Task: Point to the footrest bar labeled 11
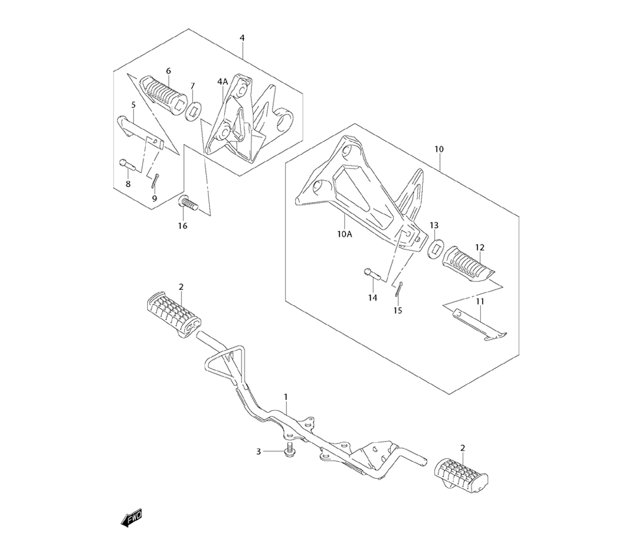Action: coord(479,325)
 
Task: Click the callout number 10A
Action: coord(345,233)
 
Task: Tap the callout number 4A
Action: coord(223,82)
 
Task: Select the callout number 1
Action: coord(286,397)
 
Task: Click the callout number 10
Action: coord(439,149)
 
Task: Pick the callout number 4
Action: coord(242,38)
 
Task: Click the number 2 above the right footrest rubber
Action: coord(463,448)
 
